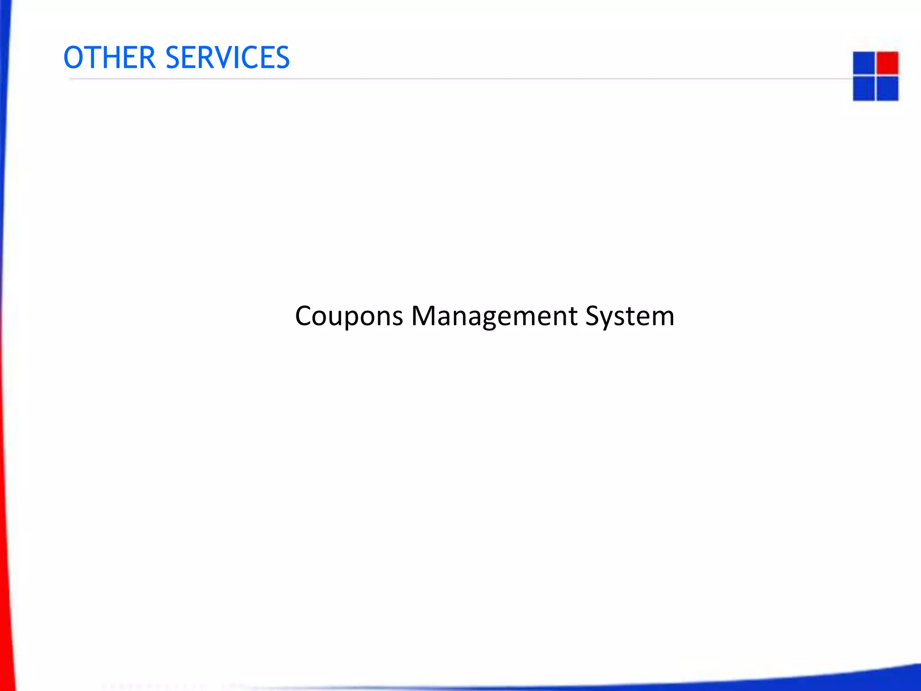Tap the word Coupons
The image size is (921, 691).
pos(349,316)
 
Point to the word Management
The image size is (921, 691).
pos(494,316)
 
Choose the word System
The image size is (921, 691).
pos(630,316)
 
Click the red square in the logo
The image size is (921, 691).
pos(887,63)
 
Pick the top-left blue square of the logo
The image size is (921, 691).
pos(863,63)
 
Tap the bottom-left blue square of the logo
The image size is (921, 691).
pos(863,89)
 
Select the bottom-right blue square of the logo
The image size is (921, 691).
pos(887,89)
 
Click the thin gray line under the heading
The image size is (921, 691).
pos(450,79)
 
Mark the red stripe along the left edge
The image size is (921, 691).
pos(5,540)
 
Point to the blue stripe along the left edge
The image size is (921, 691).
pos(4,90)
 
